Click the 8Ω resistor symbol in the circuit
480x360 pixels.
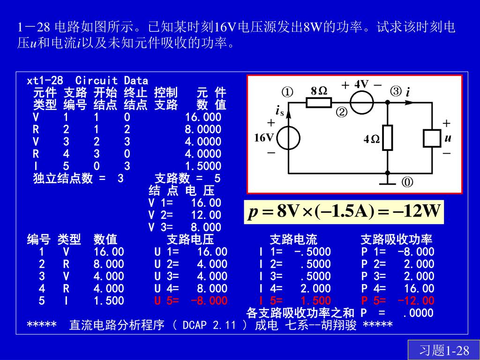[319, 102]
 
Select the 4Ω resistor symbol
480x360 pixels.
[387, 138]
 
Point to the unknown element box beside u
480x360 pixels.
[432, 138]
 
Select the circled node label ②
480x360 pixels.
[341, 112]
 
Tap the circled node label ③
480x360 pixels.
[396, 91]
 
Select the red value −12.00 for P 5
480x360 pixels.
[416, 300]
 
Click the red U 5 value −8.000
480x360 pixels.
[210, 300]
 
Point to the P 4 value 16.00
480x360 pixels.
[421, 288]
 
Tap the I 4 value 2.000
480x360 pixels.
[315, 288]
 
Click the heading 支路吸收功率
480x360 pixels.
[396, 240]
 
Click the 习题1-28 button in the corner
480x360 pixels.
[444, 350]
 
